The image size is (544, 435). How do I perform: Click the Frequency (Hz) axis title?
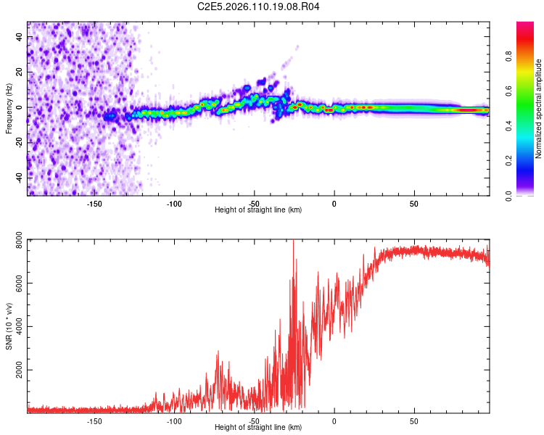click(x=9, y=108)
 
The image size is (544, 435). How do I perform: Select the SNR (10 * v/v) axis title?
click(x=9, y=326)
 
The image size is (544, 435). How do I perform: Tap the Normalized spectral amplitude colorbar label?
click(x=539, y=109)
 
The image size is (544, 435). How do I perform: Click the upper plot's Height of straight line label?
click(x=258, y=210)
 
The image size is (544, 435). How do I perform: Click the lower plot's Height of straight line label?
click(x=258, y=427)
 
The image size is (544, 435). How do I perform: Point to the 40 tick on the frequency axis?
click(x=20, y=38)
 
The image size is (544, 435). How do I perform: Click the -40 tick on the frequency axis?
click(x=20, y=177)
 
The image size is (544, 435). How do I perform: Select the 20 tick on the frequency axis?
click(x=20, y=73)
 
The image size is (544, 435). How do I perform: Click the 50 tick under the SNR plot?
click(x=413, y=420)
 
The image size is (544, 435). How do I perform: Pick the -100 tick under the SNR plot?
click(x=174, y=420)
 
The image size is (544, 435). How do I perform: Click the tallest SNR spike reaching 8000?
click(x=293, y=242)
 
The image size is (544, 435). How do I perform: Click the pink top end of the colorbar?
click(x=525, y=25)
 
